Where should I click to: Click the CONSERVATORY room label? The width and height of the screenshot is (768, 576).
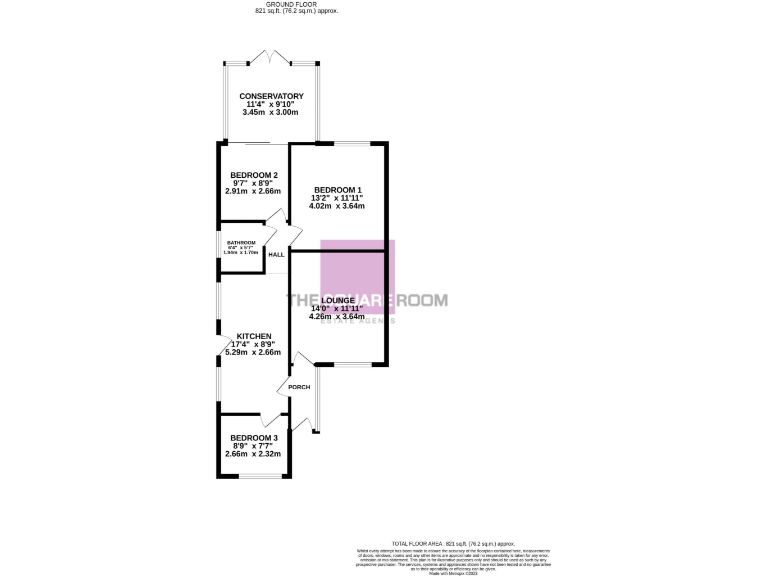click(x=272, y=96)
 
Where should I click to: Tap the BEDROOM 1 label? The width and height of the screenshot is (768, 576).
click(x=338, y=190)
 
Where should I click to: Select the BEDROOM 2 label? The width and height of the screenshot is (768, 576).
click(x=253, y=175)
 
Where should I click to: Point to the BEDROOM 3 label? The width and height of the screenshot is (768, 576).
click(x=253, y=438)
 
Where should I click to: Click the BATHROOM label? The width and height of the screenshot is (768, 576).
click(x=241, y=243)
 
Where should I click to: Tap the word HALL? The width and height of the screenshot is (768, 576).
click(x=276, y=255)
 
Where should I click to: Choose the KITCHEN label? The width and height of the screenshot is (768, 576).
click(x=254, y=336)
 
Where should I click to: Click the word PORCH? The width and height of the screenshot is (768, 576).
click(x=299, y=387)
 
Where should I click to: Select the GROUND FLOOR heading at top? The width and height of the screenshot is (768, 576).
click(x=297, y=5)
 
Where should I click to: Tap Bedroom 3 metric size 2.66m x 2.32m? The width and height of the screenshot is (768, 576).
click(x=253, y=454)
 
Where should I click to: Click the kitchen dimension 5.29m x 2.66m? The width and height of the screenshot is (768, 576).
click(x=254, y=352)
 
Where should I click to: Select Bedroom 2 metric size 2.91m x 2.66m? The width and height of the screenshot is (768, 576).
click(x=253, y=191)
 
